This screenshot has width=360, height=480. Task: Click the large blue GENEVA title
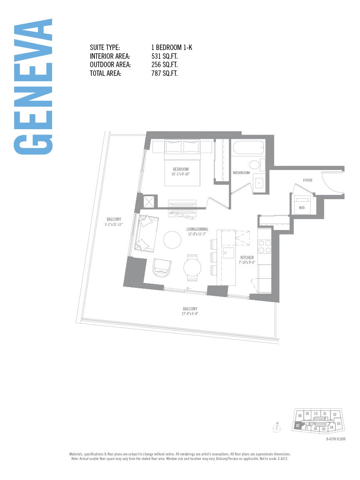point(33,87)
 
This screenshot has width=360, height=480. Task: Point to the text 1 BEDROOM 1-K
point(172,47)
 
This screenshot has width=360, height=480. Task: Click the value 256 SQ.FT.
point(165,65)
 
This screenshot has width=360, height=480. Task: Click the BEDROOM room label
point(180,169)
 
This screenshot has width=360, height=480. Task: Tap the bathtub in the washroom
point(248,147)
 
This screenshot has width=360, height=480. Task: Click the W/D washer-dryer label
point(301,207)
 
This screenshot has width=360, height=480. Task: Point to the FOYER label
point(307,180)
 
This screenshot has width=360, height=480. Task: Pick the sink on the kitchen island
point(228,252)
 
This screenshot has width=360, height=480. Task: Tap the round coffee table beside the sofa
point(172,240)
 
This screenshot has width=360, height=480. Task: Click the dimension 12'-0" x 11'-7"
point(197,234)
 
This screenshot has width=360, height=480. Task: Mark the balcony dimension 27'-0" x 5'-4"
point(190,313)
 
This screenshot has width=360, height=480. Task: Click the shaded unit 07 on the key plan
point(297,426)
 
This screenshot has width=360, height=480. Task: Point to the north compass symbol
point(277,427)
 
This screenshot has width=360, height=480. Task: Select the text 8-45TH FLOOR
point(336,439)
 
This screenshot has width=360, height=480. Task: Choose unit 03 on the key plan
point(339,423)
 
